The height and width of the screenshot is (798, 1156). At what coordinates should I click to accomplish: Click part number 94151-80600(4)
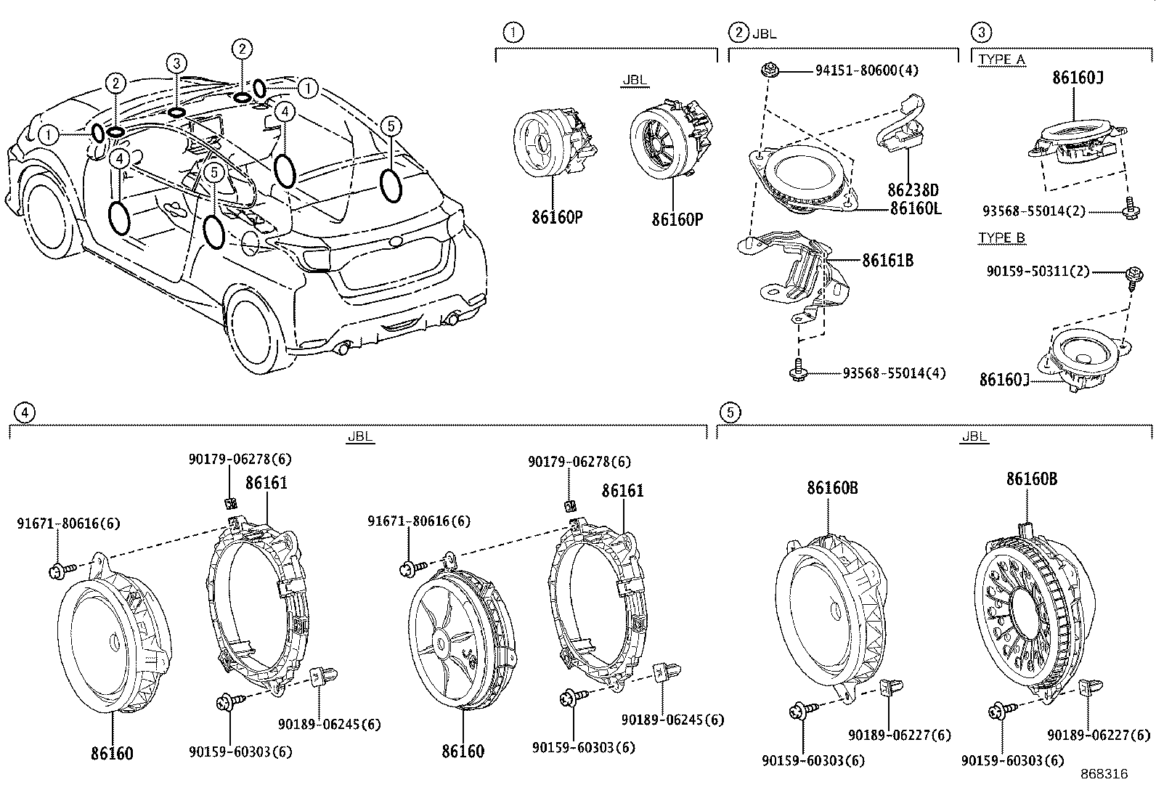coord(866,71)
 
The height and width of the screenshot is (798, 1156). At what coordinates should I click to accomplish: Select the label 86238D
coord(913,190)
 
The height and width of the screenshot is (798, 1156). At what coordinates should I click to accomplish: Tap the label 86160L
coord(916,208)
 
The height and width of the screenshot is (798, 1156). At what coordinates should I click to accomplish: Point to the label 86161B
coord(887,260)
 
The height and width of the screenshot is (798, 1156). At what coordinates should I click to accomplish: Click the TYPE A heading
coord(1001,60)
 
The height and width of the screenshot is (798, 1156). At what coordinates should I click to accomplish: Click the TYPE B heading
coord(1001,238)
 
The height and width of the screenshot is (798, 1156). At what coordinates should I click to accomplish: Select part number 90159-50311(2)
coord(1038,271)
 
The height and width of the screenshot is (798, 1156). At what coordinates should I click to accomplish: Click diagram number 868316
coord(1103,774)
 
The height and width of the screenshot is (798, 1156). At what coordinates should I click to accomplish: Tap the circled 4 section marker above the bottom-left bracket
coord(24,412)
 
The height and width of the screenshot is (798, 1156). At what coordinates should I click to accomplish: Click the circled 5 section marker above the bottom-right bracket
coord(730,412)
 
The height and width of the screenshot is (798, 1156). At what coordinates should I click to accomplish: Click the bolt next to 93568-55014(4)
coord(797,371)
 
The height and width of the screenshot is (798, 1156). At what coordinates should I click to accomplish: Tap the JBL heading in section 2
coord(765,33)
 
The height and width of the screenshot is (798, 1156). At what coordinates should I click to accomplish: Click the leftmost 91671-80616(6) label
coord(68,523)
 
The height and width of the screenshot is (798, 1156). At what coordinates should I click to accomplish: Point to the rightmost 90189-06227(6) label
coord(1099,736)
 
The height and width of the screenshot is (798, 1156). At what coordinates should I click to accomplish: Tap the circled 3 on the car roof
coord(176,63)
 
